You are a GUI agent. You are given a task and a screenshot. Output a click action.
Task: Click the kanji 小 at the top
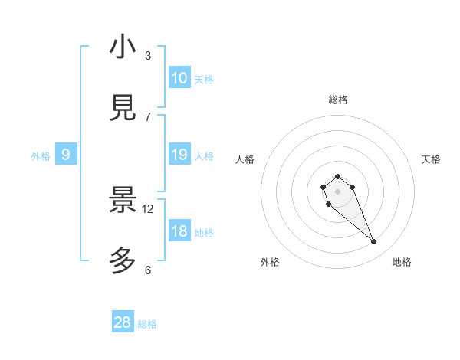pyautogui.click(x=123, y=47)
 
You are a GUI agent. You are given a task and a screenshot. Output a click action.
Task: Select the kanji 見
pyautogui.click(x=123, y=109)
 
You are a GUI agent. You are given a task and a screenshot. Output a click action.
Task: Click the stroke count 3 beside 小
pyautogui.click(x=148, y=56)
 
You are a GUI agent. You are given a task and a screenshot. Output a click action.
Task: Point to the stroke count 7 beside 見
pyautogui.click(x=148, y=117)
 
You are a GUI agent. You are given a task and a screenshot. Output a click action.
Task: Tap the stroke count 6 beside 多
pyautogui.click(x=148, y=270)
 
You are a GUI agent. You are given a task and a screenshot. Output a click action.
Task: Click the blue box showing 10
pyautogui.click(x=179, y=78)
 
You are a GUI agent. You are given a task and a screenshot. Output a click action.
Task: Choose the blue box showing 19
pyautogui.click(x=179, y=155)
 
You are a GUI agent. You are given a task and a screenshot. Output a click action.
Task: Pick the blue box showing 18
pyautogui.click(x=179, y=231)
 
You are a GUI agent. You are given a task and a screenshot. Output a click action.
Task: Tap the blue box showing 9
pyautogui.click(x=66, y=155)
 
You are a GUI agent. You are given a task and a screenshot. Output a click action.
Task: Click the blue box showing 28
pyautogui.click(x=123, y=322)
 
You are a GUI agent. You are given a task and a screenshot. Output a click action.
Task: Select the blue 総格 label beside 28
pyautogui.click(x=148, y=324)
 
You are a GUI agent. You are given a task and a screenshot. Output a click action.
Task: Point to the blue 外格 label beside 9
pyautogui.click(x=41, y=156)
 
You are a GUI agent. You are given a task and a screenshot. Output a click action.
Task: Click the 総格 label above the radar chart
pyautogui.click(x=338, y=100)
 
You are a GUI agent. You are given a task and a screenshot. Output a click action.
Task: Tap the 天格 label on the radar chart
pyautogui.click(x=432, y=159)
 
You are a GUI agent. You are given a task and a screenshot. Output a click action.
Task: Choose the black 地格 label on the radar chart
pyautogui.click(x=402, y=263)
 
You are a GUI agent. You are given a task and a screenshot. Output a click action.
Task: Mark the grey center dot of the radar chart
pyautogui.click(x=337, y=191)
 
